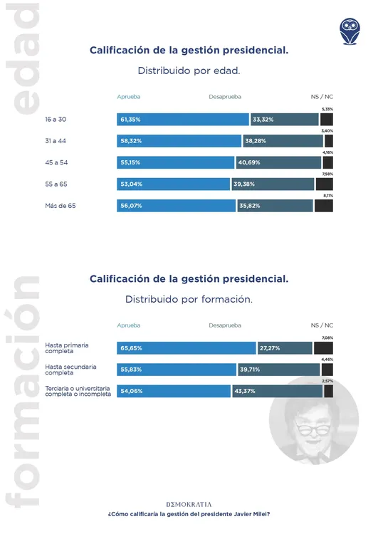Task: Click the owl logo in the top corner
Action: [350, 32]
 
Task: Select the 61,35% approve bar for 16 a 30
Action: [183, 120]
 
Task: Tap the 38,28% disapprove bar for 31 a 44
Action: [283, 141]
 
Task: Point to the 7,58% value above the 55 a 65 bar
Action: [327, 174]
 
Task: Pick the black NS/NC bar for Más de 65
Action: [323, 206]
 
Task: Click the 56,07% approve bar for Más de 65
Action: [176, 206]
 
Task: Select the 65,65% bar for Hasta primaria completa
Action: [186, 348]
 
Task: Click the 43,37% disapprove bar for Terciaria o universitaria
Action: [272, 392]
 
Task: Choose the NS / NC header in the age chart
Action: [322, 95]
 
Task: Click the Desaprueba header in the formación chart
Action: [225, 325]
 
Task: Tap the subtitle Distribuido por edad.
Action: [189, 71]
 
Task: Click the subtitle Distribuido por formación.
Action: [189, 299]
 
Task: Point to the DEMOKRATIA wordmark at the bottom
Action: [189, 503]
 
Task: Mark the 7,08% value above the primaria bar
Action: [327, 337]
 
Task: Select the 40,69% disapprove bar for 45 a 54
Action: [278, 163]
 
